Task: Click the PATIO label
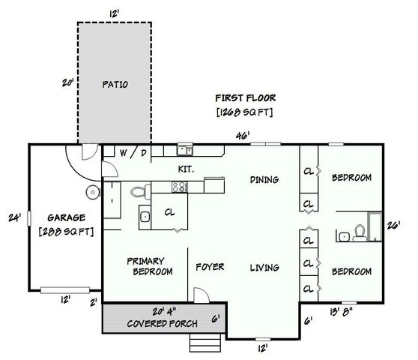coord(114,84)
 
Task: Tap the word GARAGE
coord(65,217)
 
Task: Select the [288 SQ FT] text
coord(65,231)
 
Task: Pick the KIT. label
coord(186,169)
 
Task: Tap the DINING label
coord(264,179)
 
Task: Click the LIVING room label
coord(264,267)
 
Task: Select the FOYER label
coord(210,267)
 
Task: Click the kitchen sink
coord(184,149)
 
